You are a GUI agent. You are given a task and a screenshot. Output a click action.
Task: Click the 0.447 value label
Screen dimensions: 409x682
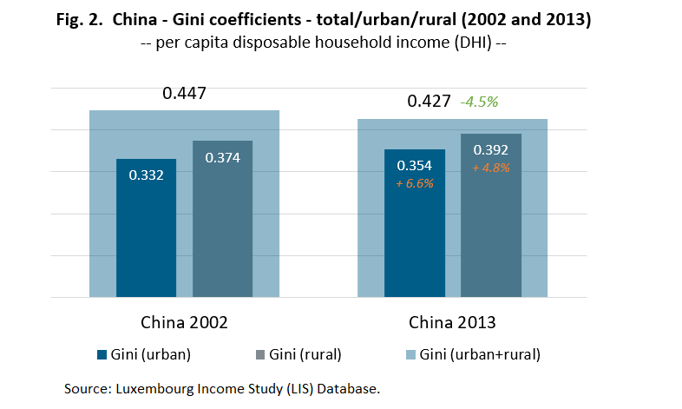coord(184,93)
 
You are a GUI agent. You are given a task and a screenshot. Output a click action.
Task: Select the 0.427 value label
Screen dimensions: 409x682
coord(430,102)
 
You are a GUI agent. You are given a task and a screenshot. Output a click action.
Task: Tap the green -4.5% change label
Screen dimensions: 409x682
coord(480,102)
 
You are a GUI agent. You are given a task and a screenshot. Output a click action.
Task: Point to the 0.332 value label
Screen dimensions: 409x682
coord(147,175)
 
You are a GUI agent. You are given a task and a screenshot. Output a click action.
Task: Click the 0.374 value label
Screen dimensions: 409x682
coord(222,157)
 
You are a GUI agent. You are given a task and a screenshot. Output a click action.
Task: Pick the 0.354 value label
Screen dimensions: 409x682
coord(415,166)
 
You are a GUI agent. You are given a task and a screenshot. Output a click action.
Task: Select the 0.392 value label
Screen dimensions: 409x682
coord(490,150)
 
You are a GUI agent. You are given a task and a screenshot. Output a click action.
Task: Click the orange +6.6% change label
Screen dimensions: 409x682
coord(415,182)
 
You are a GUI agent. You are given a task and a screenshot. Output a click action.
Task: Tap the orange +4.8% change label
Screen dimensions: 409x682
coord(490,167)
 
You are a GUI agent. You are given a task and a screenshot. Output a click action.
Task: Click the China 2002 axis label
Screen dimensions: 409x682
coord(184,323)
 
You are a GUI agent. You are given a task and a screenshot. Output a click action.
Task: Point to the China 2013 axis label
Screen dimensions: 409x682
coord(452,323)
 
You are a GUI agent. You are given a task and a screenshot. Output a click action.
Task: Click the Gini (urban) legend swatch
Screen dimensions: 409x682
coord(101,355)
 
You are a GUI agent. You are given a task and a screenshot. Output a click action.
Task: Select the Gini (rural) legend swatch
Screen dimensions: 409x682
coord(260,355)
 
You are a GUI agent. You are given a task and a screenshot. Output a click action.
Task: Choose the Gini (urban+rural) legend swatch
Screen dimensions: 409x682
coord(410,355)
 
